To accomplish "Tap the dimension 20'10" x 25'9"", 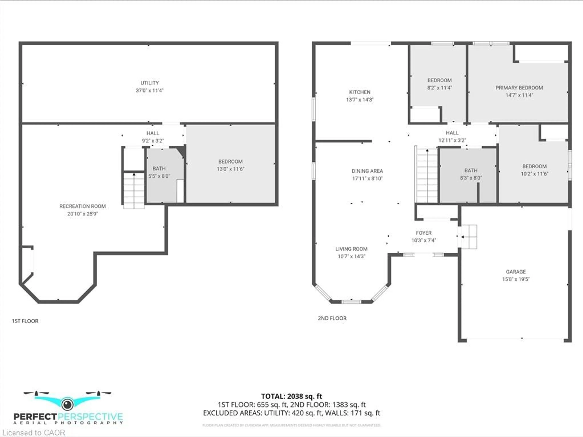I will coord(82,214).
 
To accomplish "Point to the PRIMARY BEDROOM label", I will coord(519,88).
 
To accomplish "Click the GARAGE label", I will coord(516,272).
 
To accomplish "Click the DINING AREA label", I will coord(367,171).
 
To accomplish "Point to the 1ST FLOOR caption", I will coord(25,321).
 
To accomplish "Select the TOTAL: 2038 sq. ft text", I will coord(291,396).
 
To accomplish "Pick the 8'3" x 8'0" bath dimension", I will coord(471,178).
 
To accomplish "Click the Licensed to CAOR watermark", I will coord(33,432).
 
